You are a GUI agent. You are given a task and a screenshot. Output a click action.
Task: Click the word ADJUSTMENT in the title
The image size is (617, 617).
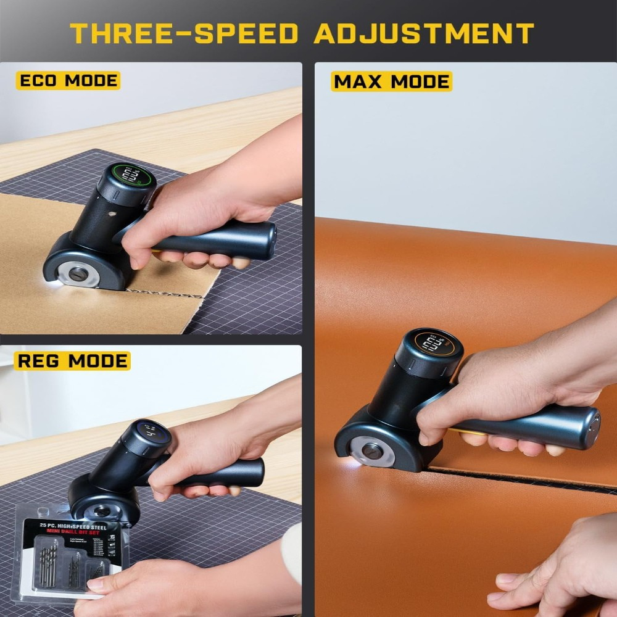[x=423, y=33]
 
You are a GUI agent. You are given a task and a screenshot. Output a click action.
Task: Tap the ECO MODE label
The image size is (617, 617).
[x=68, y=81]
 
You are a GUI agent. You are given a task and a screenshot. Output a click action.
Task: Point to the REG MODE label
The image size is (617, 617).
[x=72, y=360]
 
